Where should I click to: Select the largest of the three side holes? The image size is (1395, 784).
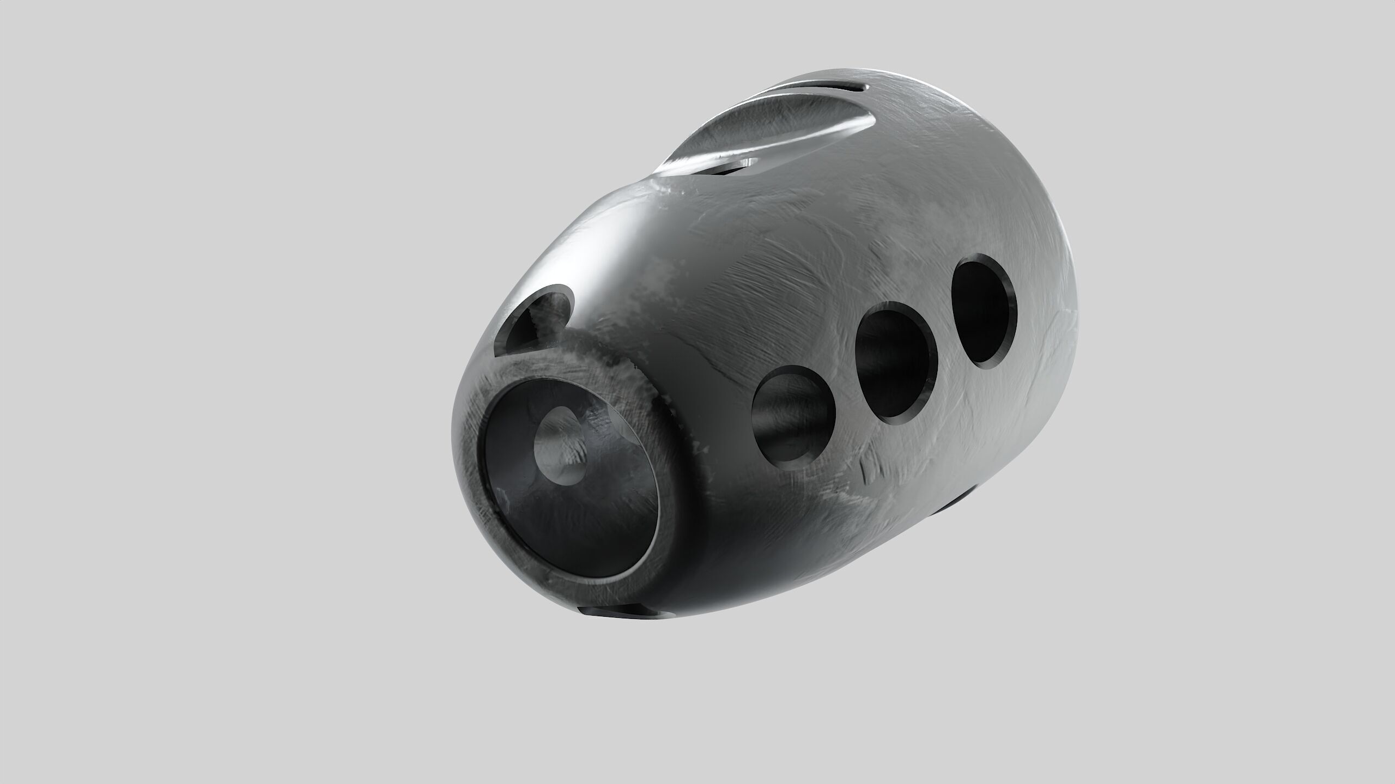(984, 313)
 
